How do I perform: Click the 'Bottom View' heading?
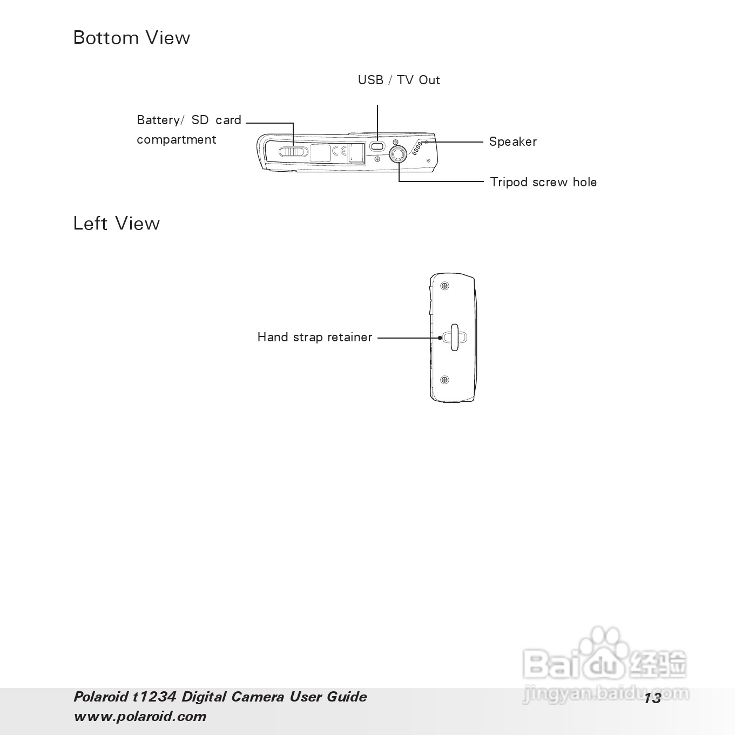point(131,38)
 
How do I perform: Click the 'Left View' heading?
point(116,224)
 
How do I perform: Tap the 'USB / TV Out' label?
point(399,80)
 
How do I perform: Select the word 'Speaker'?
point(513,141)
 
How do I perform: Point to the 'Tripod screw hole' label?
point(543,182)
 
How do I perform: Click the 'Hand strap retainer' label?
point(314,338)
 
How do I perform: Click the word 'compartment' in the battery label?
point(176,139)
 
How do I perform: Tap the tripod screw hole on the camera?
point(398,154)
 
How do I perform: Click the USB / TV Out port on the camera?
point(377,146)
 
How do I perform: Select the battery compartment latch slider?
point(293,151)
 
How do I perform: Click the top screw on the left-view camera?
point(444,286)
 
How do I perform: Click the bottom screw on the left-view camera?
point(444,380)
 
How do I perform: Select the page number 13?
point(652,698)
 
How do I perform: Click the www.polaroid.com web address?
point(140,717)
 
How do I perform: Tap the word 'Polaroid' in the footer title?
point(100,697)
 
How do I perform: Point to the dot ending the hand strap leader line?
point(440,338)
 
